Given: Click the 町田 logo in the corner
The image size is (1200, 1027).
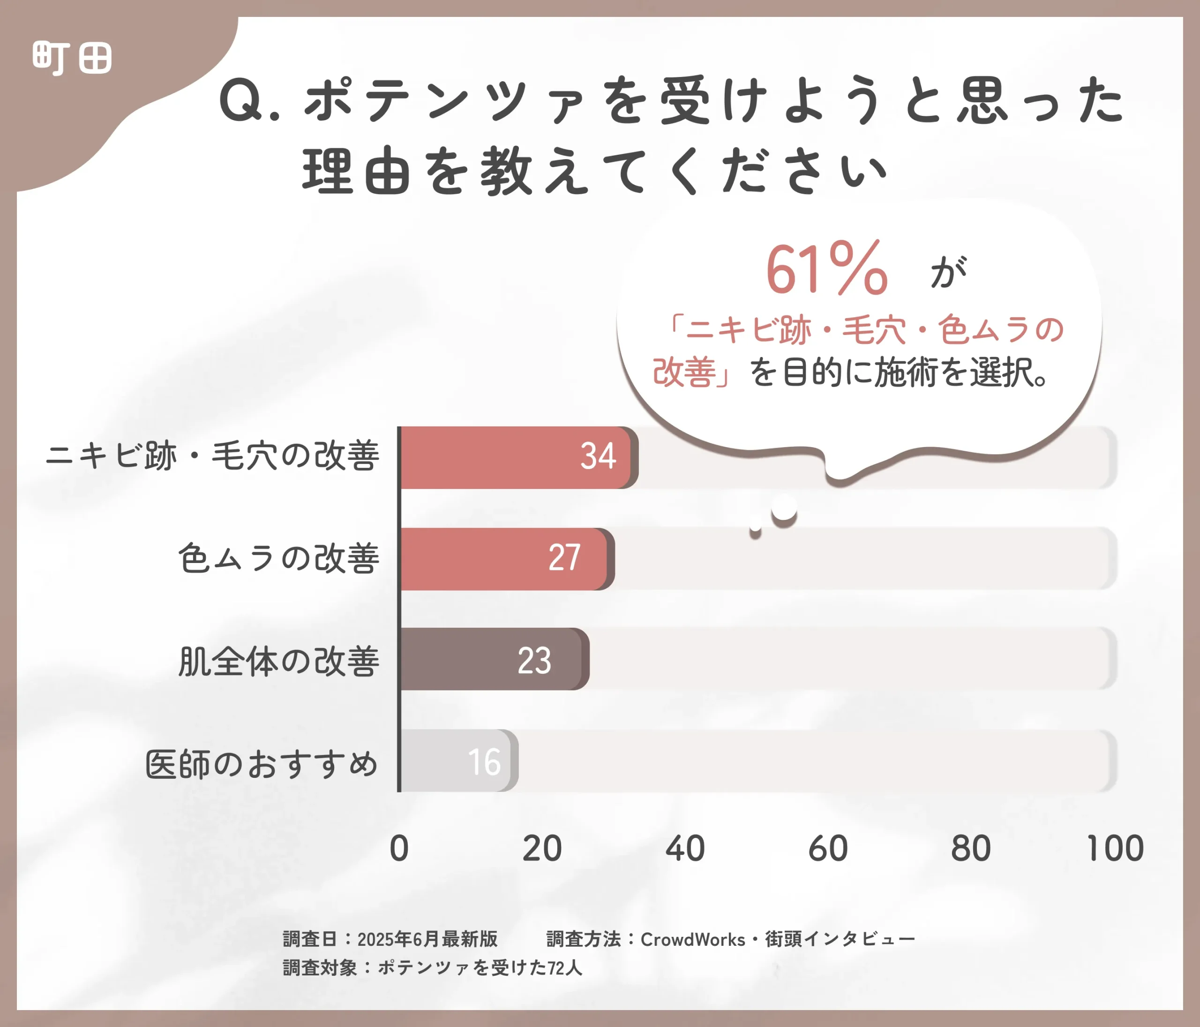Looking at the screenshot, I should tap(72, 58).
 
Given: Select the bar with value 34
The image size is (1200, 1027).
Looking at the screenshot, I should tap(516, 458).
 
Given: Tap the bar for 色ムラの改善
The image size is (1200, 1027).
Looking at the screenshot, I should tap(504, 559).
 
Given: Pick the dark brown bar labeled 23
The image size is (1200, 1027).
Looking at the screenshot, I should tap(492, 659).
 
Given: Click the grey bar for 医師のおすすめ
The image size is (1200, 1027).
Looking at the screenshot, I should tap(457, 761).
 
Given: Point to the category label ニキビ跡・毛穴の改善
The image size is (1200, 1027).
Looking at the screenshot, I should tap(212, 456).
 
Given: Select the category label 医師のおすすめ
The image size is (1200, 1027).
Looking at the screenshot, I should tap(261, 763).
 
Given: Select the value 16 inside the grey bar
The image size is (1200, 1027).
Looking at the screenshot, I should tap(484, 762).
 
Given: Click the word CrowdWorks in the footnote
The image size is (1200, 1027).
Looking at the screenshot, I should tap(693, 939).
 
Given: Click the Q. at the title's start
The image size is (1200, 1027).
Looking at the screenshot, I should tap(249, 101).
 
